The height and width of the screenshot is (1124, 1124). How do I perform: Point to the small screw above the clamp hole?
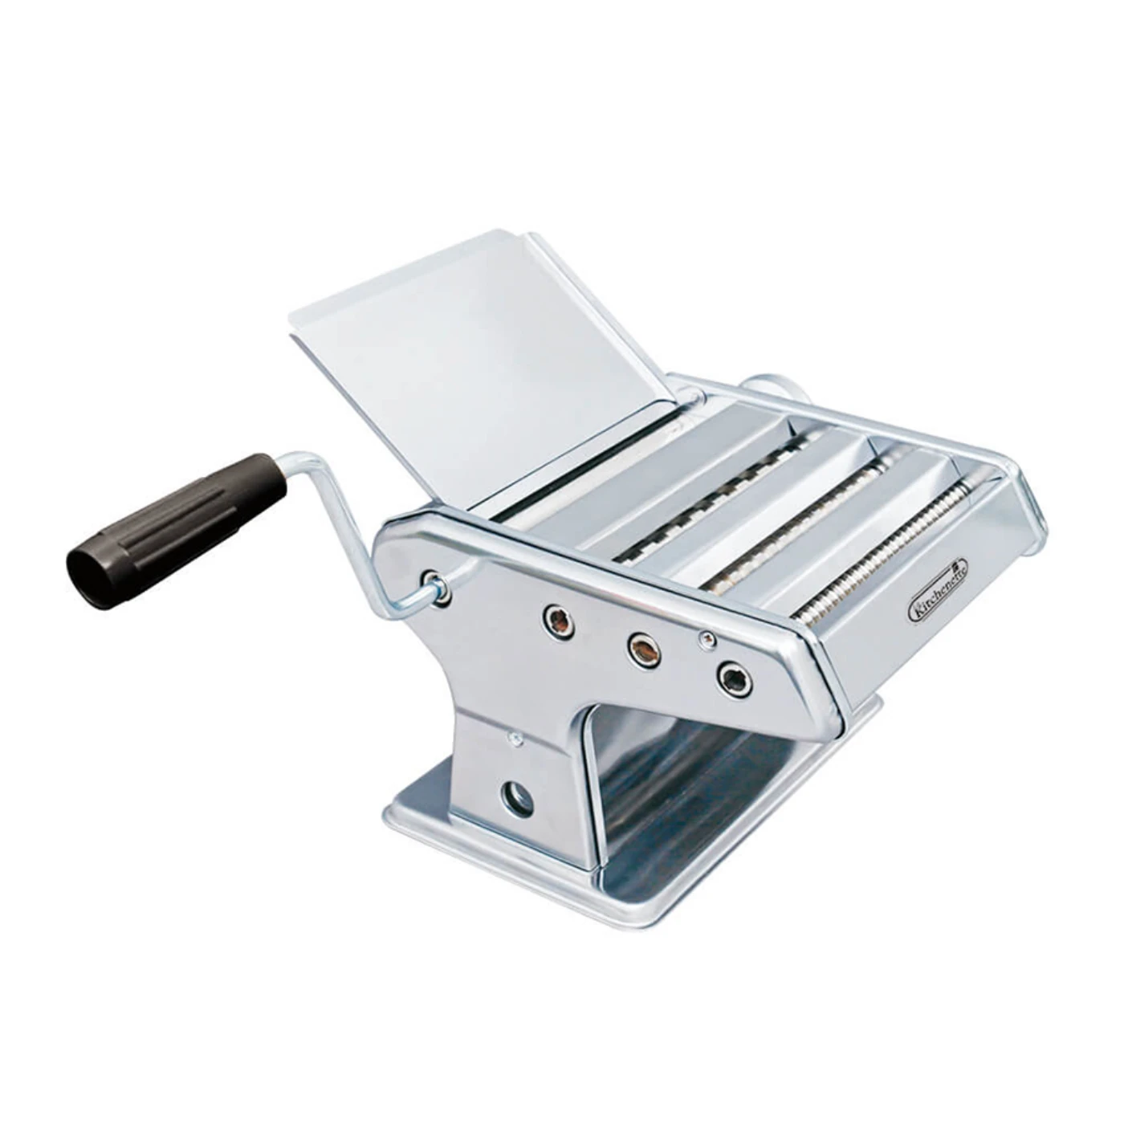pyautogui.click(x=514, y=739)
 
